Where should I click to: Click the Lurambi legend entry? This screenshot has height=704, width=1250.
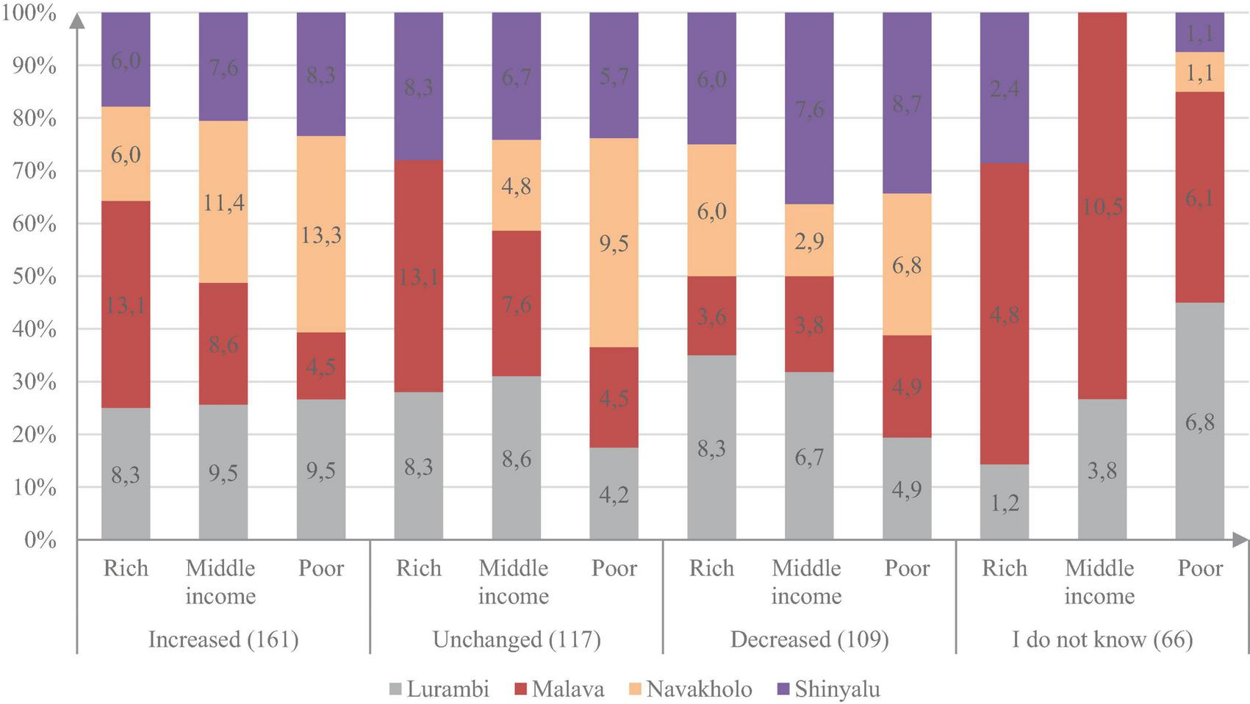[x=439, y=689]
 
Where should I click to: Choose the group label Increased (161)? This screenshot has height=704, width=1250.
[x=223, y=639]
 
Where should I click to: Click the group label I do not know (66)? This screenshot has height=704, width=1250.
[x=1102, y=639]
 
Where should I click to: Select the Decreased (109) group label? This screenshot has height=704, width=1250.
[x=809, y=639]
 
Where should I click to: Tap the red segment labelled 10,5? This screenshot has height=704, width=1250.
[x=1102, y=206]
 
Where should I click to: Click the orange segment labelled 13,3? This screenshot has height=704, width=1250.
[x=321, y=234]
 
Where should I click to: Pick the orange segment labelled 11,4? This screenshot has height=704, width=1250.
[x=223, y=202]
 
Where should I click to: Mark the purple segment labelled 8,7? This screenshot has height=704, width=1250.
[x=907, y=104]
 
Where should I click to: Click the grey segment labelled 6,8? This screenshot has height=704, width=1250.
[x=1199, y=422]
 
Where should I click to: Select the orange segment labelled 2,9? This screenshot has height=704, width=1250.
[x=809, y=240]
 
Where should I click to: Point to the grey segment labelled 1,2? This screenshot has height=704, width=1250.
[x=1004, y=502]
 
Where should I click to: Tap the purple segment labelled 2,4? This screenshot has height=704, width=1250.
[x=1004, y=88]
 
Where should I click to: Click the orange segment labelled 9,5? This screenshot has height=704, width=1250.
[x=614, y=243]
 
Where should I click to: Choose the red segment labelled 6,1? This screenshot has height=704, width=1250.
[x=1199, y=197]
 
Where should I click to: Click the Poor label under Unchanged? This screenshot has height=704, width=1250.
[x=614, y=568]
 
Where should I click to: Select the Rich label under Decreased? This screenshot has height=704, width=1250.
[x=711, y=568]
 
